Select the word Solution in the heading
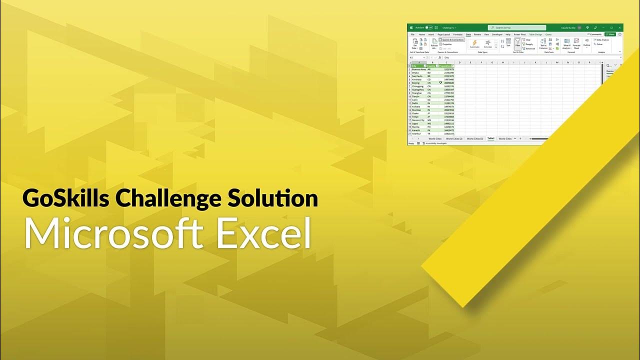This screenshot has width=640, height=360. (272, 198)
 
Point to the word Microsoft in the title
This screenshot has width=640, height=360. (113, 233)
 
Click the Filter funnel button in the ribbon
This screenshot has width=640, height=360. (518, 43)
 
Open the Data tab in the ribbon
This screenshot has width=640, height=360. (468, 34)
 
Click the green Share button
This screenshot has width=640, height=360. (610, 34)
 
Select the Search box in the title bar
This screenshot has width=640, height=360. (516, 27)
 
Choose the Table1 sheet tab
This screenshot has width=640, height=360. (490, 138)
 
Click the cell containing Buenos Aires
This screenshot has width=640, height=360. (418, 69)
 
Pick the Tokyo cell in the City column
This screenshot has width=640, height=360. (415, 117)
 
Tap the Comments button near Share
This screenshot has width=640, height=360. (595, 34)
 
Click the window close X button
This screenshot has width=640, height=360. (619, 27)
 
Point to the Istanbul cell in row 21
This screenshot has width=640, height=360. (416, 134)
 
